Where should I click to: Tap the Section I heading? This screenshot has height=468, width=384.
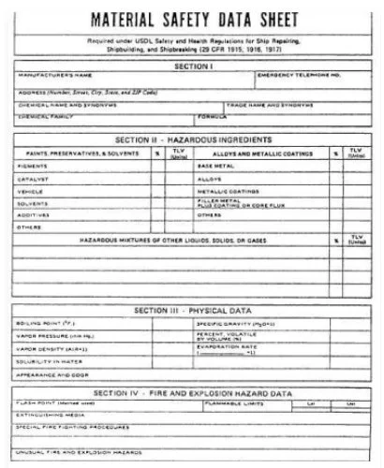(x=191, y=66)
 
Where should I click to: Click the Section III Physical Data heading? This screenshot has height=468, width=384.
(x=191, y=310)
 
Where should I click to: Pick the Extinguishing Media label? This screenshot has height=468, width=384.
(x=52, y=415)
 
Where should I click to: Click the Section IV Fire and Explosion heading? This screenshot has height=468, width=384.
(x=191, y=394)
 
